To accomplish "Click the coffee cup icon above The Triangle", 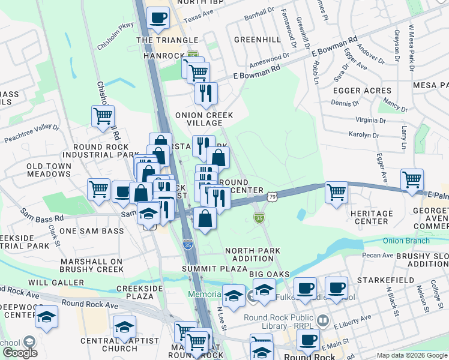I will (x=159, y=18).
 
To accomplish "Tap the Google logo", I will (x=20, y=353).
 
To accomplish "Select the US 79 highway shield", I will (x=273, y=197).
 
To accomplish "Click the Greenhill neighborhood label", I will (x=257, y=39).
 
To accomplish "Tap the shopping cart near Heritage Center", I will (x=336, y=192).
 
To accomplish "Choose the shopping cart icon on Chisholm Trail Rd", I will (x=103, y=115).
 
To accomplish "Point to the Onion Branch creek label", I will (x=406, y=241).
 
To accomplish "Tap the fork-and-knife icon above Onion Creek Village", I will (x=206, y=93).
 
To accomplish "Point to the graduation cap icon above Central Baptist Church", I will (x=125, y=326).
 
